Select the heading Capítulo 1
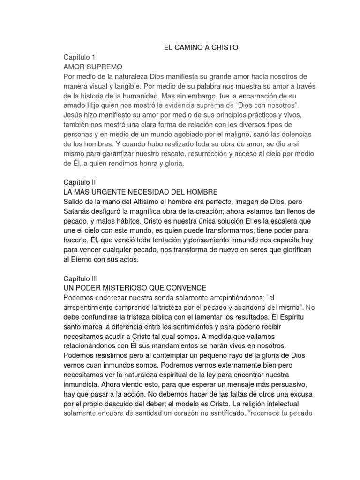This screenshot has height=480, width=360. tap(79, 57)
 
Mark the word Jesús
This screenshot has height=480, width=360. tap(73, 116)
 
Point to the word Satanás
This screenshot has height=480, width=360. tap(78, 212)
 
